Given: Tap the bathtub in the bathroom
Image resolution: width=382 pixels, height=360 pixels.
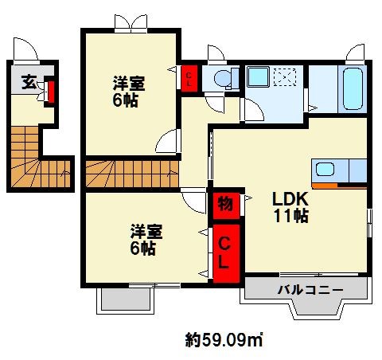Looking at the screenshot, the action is (353, 88).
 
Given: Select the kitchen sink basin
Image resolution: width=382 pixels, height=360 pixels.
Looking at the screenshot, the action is (325, 170).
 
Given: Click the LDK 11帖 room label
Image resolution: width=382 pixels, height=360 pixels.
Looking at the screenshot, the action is (290, 207).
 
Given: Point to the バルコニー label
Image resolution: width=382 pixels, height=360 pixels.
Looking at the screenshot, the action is (310, 290).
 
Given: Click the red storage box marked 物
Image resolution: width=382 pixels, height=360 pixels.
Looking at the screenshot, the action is (226, 205).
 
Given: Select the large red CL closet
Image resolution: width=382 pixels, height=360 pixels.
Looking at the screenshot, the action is (226, 253).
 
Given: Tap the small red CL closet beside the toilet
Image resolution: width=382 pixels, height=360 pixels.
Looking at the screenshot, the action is (189, 79).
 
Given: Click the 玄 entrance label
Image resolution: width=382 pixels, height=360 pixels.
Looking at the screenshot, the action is (29, 82).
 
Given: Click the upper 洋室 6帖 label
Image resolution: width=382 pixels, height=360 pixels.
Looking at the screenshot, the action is (129, 92).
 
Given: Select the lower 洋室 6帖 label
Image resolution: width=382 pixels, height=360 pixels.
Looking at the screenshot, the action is (146, 240).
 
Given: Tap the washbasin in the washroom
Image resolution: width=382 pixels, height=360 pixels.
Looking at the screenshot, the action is (258, 76).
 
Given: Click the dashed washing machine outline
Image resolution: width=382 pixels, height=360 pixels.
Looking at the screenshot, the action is (285, 76).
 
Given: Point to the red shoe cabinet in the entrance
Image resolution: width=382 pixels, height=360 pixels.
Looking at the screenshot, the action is (51, 92).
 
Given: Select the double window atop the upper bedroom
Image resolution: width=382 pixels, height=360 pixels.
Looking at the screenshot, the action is (131, 23).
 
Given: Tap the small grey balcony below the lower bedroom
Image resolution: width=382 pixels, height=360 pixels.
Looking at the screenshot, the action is (125, 299).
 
